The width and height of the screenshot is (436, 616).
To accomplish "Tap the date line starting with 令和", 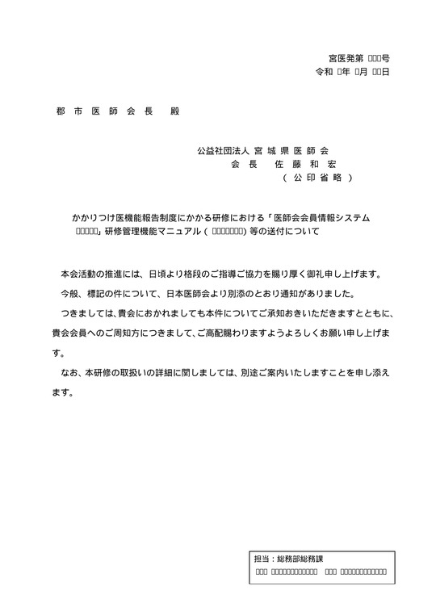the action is click(x=353, y=73).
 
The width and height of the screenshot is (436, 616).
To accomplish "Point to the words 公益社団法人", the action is click(x=223, y=151).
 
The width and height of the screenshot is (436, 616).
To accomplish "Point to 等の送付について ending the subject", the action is click(x=288, y=232).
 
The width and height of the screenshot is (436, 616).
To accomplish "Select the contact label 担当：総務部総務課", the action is click(x=288, y=558).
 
